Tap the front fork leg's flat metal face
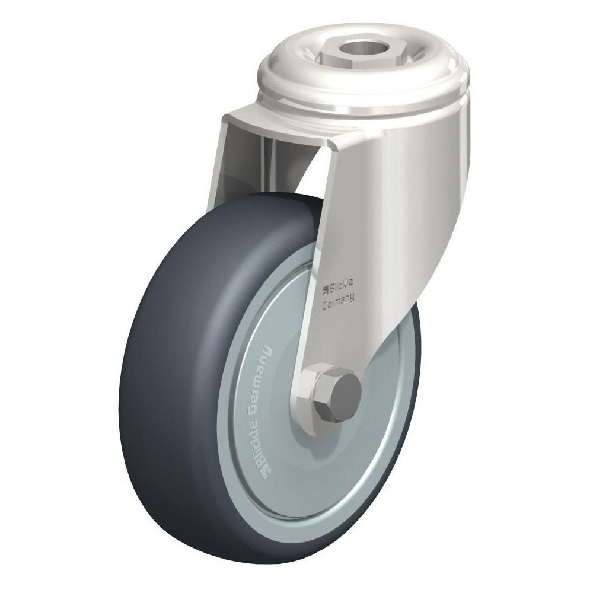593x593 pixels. tap(362, 237)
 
